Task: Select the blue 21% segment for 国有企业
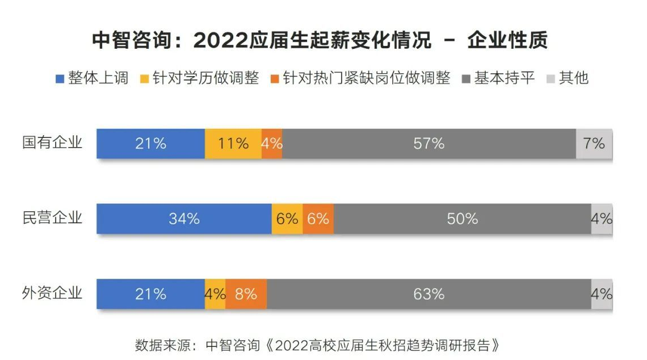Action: pos(150,144)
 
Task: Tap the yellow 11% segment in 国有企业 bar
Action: pos(233,144)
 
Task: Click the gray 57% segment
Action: pos(428,144)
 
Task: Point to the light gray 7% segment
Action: pos(594,144)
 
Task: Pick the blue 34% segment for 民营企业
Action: pos(184,219)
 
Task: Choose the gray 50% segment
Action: pos(462,219)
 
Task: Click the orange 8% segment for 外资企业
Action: pos(246,294)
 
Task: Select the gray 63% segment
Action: pos(428,294)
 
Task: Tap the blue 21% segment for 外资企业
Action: pos(150,294)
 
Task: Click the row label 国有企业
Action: pos(52,143)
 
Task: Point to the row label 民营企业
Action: pos(52,218)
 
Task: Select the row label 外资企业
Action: pos(52,294)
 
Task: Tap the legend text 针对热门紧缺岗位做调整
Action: pos(367,78)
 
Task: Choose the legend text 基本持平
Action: pos(505,78)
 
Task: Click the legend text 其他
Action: pos(574,78)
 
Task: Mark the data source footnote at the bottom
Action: pos(320,345)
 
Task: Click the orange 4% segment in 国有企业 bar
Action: pos(272,144)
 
